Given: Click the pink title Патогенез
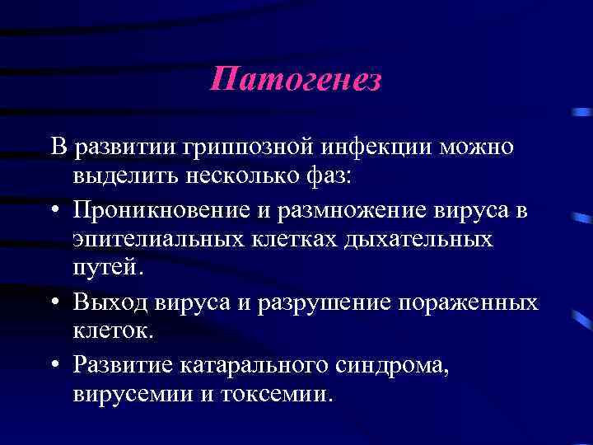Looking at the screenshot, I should (296, 80).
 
